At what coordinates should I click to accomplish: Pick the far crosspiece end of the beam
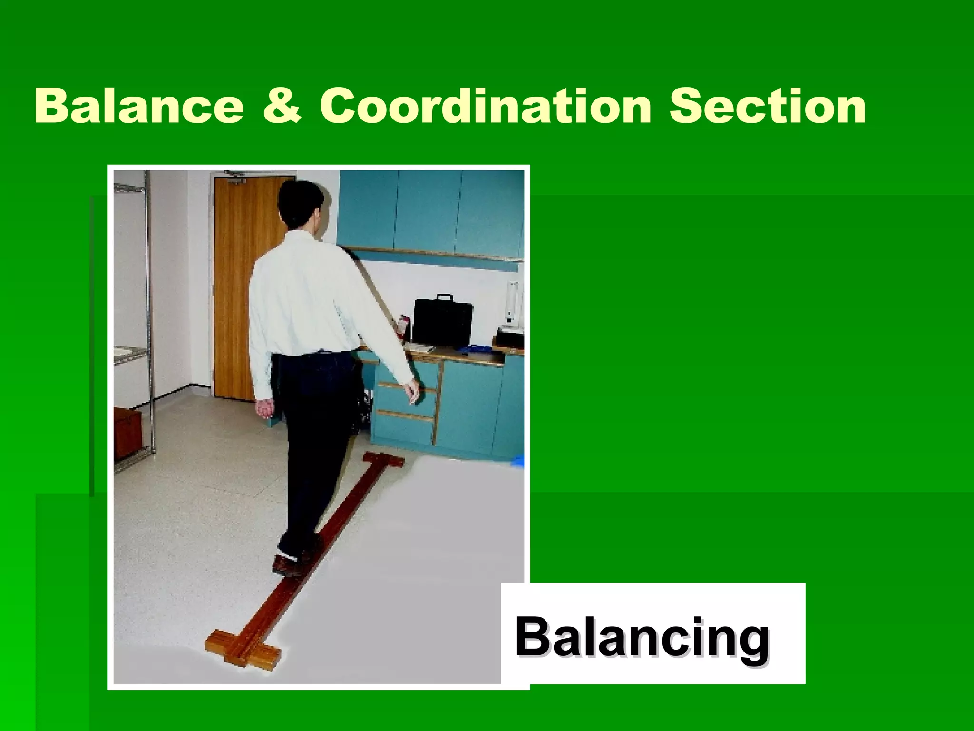tap(383, 460)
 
